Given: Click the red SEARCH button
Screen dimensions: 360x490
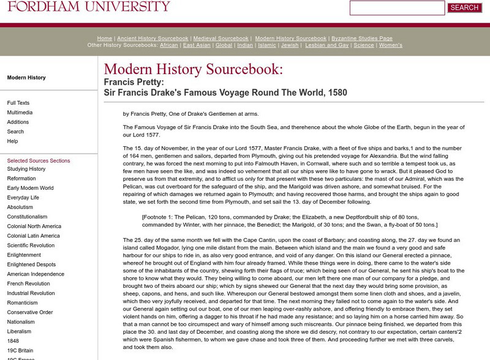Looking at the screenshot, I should click(464, 8).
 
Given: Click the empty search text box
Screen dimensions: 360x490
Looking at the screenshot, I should click(397, 8).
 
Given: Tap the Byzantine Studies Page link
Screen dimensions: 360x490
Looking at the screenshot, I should click(362, 39).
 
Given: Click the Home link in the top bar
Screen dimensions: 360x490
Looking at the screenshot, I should click(104, 39).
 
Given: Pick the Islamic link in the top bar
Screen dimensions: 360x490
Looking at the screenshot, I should click(267, 45).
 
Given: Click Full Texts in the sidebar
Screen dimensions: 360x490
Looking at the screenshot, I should click(18, 103).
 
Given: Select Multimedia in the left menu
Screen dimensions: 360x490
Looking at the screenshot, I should click(20, 113).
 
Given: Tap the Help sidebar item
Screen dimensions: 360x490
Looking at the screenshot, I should click(12, 141).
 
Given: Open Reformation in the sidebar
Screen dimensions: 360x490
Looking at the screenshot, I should click(21, 178).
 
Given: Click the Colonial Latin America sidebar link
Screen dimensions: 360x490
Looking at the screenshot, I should click(34, 236).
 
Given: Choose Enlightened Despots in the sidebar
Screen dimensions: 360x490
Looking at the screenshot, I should click(31, 264).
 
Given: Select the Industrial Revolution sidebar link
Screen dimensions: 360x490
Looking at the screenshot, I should click(31, 293).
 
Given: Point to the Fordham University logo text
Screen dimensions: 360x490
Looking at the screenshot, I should click(85, 7).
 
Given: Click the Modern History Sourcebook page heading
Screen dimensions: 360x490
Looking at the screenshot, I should click(194, 69).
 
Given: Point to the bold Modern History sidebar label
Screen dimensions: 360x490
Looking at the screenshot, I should click(26, 78).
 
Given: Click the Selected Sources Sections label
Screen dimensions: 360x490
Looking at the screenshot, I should click(39, 160).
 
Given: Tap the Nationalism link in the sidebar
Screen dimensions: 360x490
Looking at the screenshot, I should click(21, 321).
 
